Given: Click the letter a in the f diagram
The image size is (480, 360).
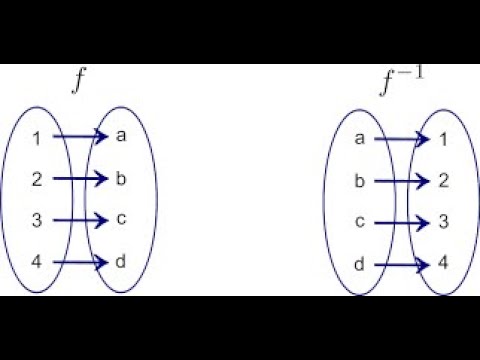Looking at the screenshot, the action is [121, 137].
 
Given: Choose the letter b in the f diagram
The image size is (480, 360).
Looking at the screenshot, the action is [121, 179].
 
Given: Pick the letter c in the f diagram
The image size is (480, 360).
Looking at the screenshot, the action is [121, 220].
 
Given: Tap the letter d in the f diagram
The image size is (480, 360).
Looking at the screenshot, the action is [121, 262].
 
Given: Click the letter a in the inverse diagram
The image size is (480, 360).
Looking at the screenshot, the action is [358, 140].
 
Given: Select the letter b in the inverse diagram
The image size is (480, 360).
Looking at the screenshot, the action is [358, 182].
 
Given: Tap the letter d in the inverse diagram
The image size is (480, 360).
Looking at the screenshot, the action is [358, 265].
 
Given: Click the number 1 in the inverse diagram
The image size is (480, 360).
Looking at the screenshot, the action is [443, 140].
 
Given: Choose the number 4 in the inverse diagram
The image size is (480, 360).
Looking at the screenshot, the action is [443, 265].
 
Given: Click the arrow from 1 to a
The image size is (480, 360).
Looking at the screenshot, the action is [78, 137].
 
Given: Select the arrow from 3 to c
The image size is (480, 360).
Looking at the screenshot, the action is [78, 220].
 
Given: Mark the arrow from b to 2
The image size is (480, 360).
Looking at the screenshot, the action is [400, 182].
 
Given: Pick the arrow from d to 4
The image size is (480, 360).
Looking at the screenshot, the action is [400, 265].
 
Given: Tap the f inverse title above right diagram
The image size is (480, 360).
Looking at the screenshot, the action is [400, 81].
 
